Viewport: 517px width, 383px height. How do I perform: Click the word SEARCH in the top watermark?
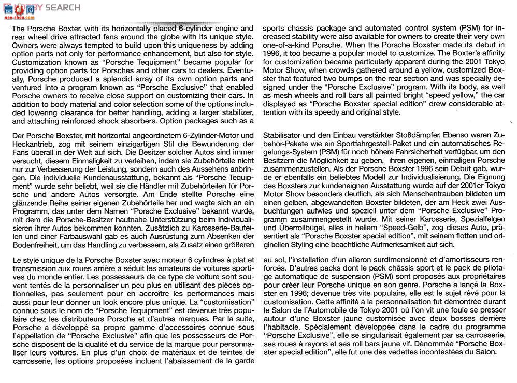63,7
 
